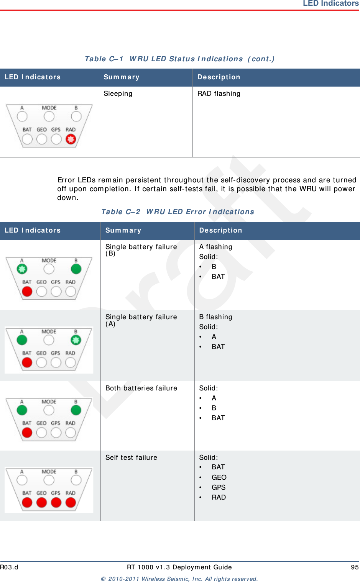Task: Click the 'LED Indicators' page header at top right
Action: pyautogui.click(x=330, y=3)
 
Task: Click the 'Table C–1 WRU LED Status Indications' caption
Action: pyautogui.click(x=179, y=59)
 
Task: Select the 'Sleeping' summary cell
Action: pyautogui.click(x=118, y=94)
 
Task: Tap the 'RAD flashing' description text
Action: pyautogui.click(x=219, y=94)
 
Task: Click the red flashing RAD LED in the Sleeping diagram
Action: pyautogui.click(x=71, y=139)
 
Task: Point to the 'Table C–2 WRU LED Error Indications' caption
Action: pyautogui.click(x=178, y=212)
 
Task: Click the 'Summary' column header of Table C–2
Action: pyautogui.click(x=123, y=231)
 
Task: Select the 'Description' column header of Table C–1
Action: pyautogui.click(x=219, y=77)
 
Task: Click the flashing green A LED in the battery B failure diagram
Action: pyautogui.click(x=22, y=269)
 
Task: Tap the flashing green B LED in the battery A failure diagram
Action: pyautogui.click(x=76, y=340)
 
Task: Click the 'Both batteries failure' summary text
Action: pyautogui.click(x=141, y=389)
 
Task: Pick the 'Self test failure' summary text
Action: pyautogui.click(x=131, y=458)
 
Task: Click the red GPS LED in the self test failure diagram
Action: pyautogui.click(x=56, y=502)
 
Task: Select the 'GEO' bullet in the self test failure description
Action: pyautogui.click(x=219, y=477)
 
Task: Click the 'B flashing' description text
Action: pyautogui.click(x=215, y=317)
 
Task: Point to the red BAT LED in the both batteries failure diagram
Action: pyautogui.click(x=27, y=433)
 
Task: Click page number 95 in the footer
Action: pyautogui.click(x=355, y=567)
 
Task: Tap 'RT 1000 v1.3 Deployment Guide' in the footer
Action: pyautogui.click(x=179, y=567)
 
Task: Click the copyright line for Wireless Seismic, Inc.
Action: pyautogui.click(x=179, y=579)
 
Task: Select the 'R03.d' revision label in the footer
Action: pyautogui.click(x=9, y=567)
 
